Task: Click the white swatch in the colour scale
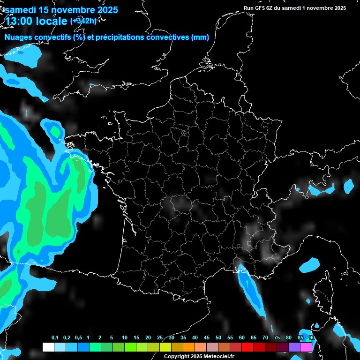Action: click(48, 347)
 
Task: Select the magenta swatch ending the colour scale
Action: click(306, 347)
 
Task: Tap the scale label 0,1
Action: click(55, 338)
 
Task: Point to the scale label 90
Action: click(312, 338)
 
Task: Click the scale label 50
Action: click(218, 338)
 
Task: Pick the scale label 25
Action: click(160, 338)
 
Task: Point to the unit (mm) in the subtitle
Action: click(200, 38)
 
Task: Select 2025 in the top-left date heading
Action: click(105, 10)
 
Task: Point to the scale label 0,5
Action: click(78, 338)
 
